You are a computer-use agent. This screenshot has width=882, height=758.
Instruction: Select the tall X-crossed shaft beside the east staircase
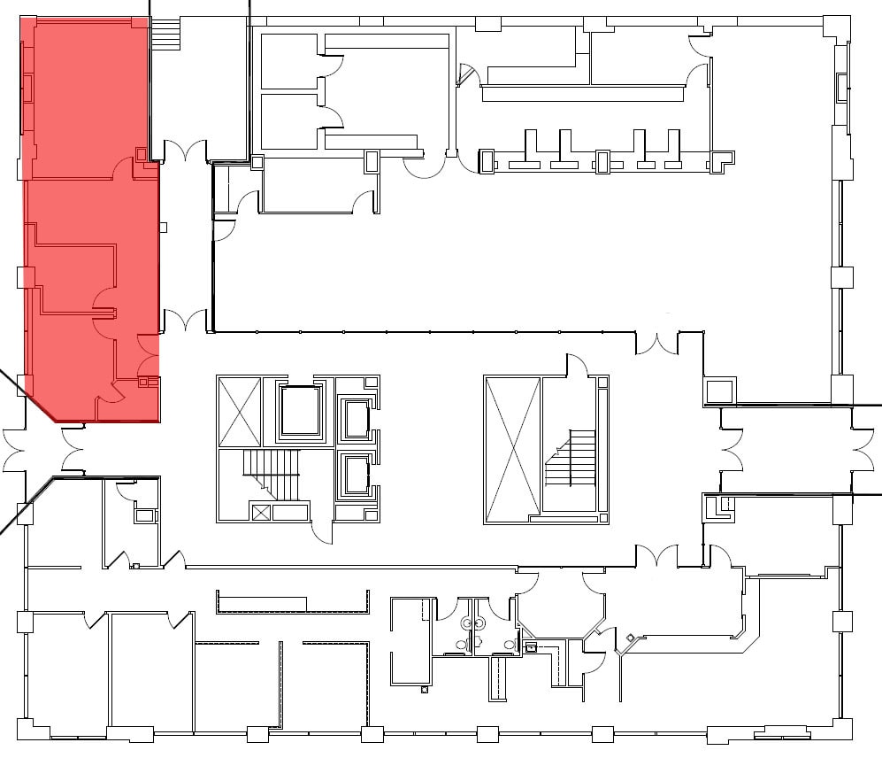click(512, 447)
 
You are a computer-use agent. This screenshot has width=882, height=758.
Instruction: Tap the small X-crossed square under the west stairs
click(260, 511)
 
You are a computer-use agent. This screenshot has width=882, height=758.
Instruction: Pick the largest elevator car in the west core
click(301, 411)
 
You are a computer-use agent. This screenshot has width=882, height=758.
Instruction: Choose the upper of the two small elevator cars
click(357, 419)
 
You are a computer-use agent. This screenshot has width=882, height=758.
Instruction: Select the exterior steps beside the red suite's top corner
click(166, 36)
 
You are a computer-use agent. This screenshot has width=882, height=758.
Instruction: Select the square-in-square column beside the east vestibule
click(720, 391)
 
